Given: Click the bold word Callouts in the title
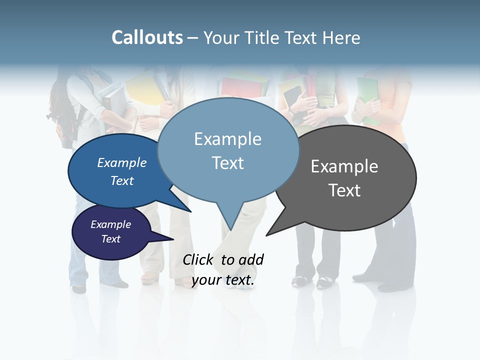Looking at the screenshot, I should pyautogui.click(x=147, y=37).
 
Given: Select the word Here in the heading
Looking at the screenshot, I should pyautogui.click(x=339, y=37).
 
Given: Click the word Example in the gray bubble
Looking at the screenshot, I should pyautogui.click(x=344, y=166).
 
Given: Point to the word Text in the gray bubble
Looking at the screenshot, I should pyautogui.click(x=344, y=190).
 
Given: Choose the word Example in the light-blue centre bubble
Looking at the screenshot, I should pyautogui.click(x=227, y=139).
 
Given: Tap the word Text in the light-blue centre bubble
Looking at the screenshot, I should pyautogui.click(x=227, y=163).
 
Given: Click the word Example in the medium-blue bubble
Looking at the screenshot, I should pyautogui.click(x=121, y=163).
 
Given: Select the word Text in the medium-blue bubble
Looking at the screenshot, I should pyautogui.click(x=121, y=180).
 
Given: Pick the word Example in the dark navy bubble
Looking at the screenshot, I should pyautogui.click(x=110, y=224).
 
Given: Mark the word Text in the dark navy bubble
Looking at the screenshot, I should pyautogui.click(x=110, y=239).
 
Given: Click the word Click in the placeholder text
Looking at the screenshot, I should pyautogui.click(x=197, y=259).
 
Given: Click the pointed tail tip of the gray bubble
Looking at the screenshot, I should pyautogui.click(x=266, y=235).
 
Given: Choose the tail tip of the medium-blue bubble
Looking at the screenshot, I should pyautogui.click(x=190, y=211).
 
